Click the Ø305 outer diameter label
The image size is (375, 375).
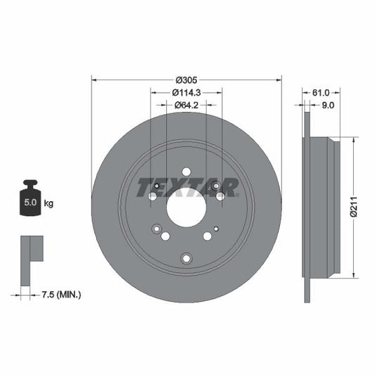186,80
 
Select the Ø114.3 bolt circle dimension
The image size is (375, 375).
186,93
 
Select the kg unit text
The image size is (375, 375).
49,203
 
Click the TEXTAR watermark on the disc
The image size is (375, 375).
187,187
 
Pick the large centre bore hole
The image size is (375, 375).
186,208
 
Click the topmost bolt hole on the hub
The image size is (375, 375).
186,172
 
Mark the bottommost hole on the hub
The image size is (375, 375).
186,259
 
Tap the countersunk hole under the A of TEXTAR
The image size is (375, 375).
217,186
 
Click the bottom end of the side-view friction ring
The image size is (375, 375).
307,299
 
